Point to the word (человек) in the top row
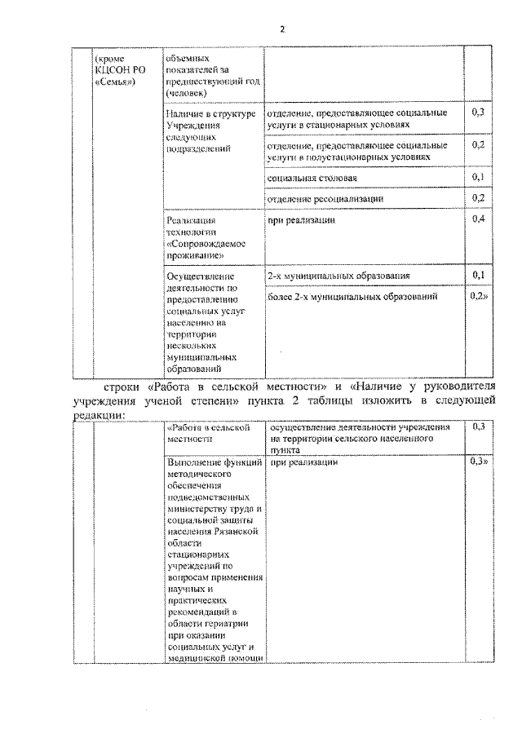(184, 92)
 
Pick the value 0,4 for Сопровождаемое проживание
(478, 220)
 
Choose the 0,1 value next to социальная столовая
(478, 177)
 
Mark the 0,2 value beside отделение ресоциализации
(478, 198)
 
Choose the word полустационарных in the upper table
(355, 157)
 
